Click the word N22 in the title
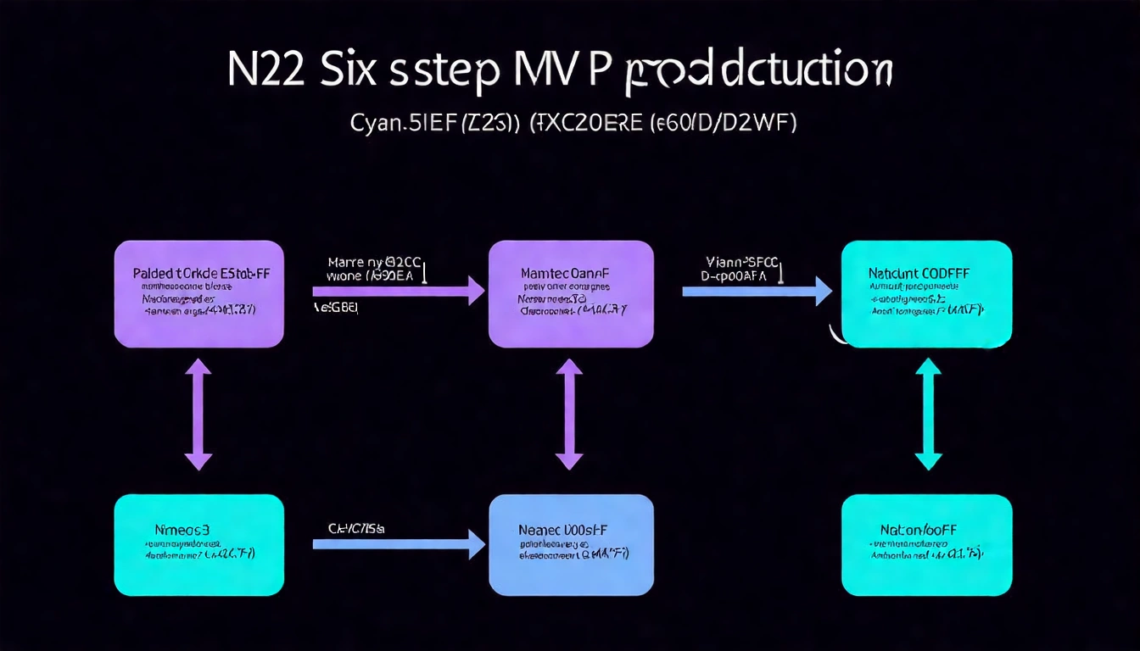266,73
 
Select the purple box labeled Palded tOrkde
198,293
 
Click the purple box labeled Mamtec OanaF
571,293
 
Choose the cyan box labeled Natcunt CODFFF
926,293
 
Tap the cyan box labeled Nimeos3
198,544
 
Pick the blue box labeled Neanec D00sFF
571,544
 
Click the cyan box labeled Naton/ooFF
926,544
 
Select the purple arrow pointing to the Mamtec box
399,291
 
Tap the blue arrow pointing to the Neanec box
399,543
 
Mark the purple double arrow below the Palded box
198,414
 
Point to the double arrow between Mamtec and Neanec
569,414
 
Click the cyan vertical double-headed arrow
928,414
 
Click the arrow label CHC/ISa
356,528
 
